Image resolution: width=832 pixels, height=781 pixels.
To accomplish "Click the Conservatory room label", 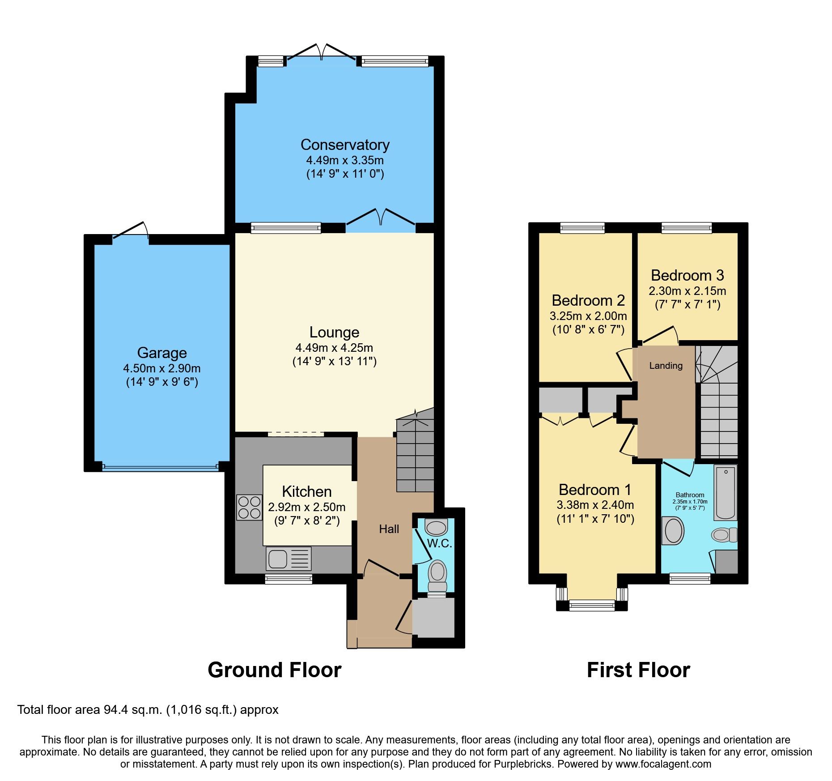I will click(345, 145).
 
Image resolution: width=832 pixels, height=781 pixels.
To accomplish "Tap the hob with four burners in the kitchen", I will click(249, 507).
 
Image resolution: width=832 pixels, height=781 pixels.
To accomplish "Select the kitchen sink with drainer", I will click(289, 559).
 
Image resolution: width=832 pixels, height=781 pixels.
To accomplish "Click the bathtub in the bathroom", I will click(725, 492).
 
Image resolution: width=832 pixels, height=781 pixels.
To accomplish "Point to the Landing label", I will click(666, 366).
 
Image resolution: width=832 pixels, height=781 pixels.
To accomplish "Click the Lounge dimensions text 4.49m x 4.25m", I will click(334, 348).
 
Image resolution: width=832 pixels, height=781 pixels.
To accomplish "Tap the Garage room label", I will click(162, 353).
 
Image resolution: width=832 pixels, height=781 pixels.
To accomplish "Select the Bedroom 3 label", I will click(687, 275).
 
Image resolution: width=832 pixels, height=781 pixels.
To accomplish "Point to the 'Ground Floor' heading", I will click(274, 670).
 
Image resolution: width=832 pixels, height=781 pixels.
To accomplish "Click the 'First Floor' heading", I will click(638, 670).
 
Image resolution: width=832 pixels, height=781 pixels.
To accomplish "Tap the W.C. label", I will click(439, 544).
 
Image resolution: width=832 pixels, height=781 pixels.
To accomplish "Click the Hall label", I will click(389, 529).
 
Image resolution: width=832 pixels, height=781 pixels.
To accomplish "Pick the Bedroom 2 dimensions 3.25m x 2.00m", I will click(588, 316).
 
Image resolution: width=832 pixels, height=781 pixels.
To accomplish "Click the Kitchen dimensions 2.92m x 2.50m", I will click(306, 507).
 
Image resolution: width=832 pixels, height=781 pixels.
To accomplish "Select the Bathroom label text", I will click(690, 495).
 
